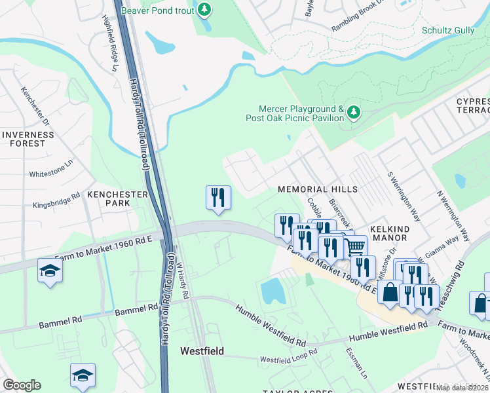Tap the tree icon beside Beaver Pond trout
tap(205, 9)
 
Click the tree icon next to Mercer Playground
tap(354, 113)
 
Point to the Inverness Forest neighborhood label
tap(28, 139)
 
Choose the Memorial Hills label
tap(318, 189)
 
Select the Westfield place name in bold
tap(202, 351)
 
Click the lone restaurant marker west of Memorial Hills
tap(218, 197)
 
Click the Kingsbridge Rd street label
tap(56, 198)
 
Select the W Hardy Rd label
tap(181, 281)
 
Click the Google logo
tap(22, 385)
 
